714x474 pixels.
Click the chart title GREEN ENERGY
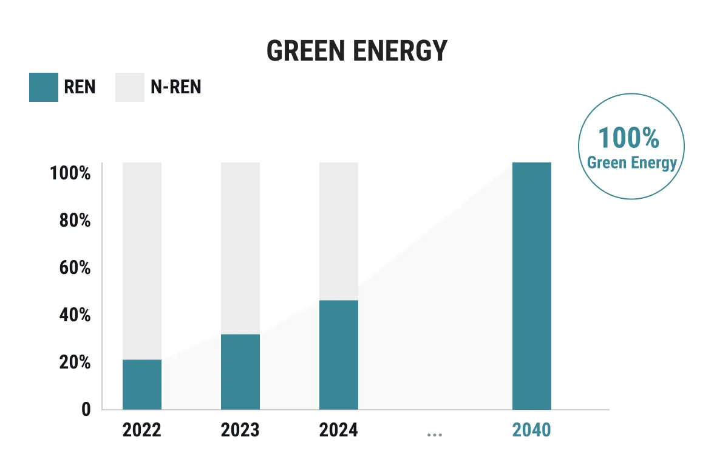coord(357,51)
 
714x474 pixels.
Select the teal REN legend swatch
coord(44,87)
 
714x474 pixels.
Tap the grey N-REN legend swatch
coord(130,87)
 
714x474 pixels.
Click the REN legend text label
coord(80,87)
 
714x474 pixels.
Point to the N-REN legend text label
coord(175,87)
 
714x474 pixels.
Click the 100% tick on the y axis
coord(70,173)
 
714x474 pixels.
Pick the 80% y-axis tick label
coord(74,221)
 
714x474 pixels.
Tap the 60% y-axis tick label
coord(74,268)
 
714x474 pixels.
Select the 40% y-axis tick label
coord(74,315)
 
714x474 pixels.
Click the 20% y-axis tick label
coord(74,362)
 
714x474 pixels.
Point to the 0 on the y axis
coord(86,409)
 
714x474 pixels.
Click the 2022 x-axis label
coord(142,430)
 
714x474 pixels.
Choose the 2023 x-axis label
coord(240,430)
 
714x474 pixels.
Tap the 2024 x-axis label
coord(338,430)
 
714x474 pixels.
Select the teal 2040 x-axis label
coord(531,430)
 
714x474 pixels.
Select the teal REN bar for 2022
coord(142,385)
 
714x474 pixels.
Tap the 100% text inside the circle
coord(629,138)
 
